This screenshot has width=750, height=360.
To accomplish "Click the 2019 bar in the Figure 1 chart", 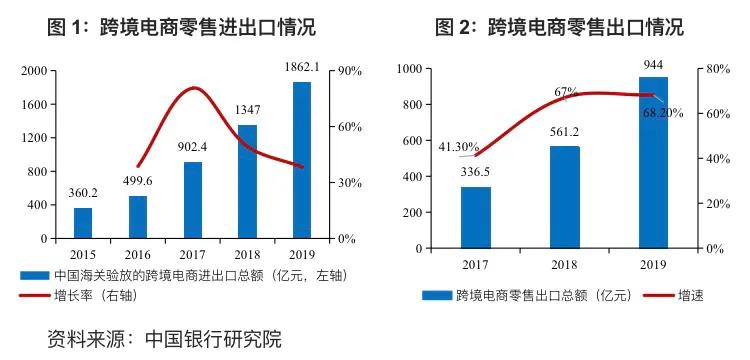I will pos(302,160).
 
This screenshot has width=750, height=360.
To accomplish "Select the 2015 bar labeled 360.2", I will pos(83,223).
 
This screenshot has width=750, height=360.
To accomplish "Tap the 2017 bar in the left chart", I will pos(193,200).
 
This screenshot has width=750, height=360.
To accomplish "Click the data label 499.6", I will pos(137,181).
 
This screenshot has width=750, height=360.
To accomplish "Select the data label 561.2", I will pos(565,131).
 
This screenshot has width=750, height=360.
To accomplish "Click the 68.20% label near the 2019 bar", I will pos(663,113).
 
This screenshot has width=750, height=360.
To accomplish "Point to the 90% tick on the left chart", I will pos(350,71).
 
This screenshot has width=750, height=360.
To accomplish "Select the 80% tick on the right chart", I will pos(721,68).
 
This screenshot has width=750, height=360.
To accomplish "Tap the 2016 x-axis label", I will pos(137,253).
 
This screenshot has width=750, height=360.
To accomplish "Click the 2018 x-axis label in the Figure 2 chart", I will pos(565,264).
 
